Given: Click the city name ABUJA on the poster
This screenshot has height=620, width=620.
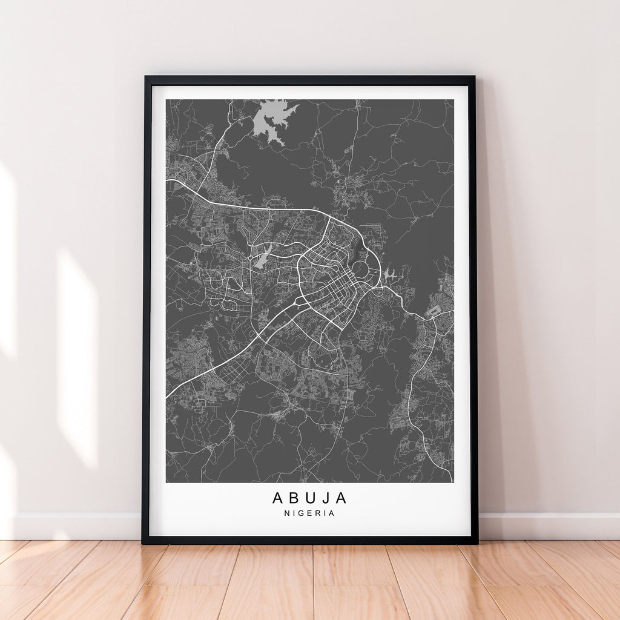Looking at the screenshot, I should pyautogui.click(x=309, y=498).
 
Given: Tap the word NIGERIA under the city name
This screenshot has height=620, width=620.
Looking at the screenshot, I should pyautogui.click(x=309, y=513).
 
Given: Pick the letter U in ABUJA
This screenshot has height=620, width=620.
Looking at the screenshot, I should pyautogui.click(x=310, y=498).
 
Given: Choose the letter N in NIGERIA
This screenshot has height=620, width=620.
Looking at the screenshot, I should pyautogui.click(x=286, y=513).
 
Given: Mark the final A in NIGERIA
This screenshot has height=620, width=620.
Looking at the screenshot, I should pyautogui.click(x=332, y=513).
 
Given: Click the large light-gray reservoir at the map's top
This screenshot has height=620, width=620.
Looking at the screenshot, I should pyautogui.click(x=271, y=120).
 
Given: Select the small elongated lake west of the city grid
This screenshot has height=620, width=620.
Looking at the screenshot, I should pyautogui.click(x=262, y=259).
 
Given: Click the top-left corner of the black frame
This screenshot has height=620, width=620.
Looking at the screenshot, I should pyautogui.click(x=146, y=77).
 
